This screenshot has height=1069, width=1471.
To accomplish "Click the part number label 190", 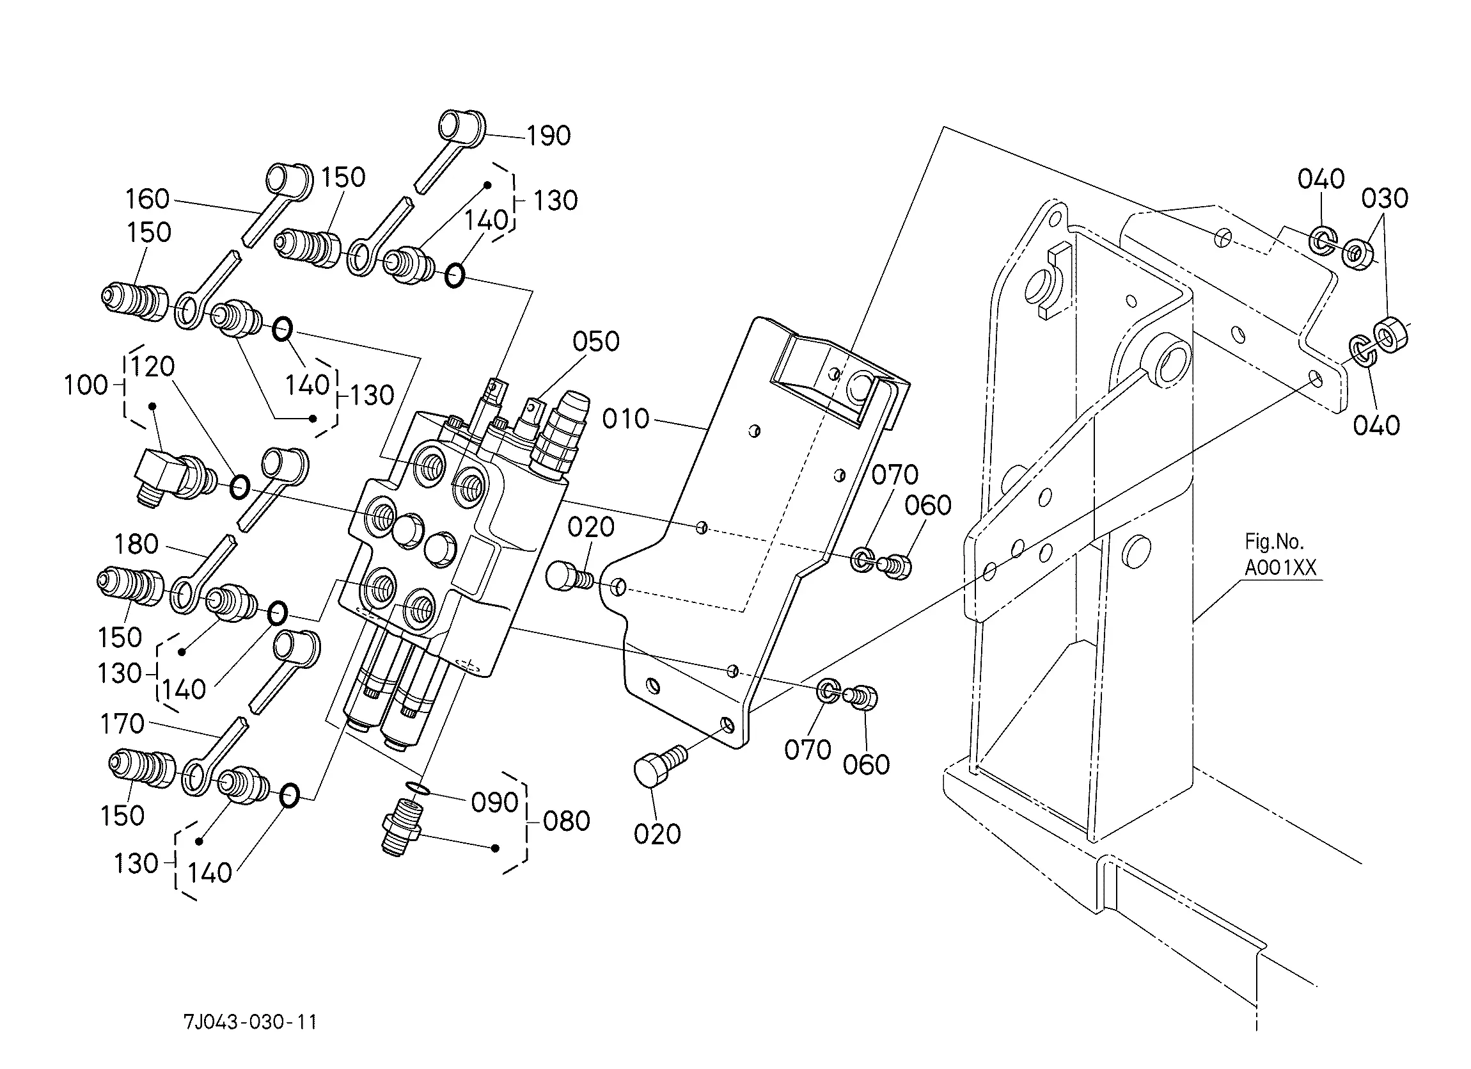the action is point(549,136).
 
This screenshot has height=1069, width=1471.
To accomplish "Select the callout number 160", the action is point(148,198).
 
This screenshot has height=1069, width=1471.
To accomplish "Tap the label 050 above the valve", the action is point(596,341).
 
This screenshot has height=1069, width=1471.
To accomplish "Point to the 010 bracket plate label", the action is point(626,419).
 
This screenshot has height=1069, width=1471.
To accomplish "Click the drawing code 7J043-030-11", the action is point(251,1022).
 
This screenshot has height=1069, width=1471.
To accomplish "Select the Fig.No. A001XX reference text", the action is point(1280,555).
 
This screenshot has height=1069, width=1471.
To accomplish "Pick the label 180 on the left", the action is point(137,544).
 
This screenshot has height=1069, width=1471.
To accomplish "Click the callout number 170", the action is point(122,724).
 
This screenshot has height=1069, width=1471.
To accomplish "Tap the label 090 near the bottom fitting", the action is point(495,803).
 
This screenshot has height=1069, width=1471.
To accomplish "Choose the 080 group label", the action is point(567,821).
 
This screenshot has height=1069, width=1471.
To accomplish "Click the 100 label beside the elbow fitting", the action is point(86,385).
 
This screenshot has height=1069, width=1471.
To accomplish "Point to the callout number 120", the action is point(153,367).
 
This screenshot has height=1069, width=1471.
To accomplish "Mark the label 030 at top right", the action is point(1385,198).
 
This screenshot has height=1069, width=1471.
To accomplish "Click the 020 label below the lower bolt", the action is point(657,834).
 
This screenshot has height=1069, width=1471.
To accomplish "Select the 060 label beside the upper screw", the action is point(928,506).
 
